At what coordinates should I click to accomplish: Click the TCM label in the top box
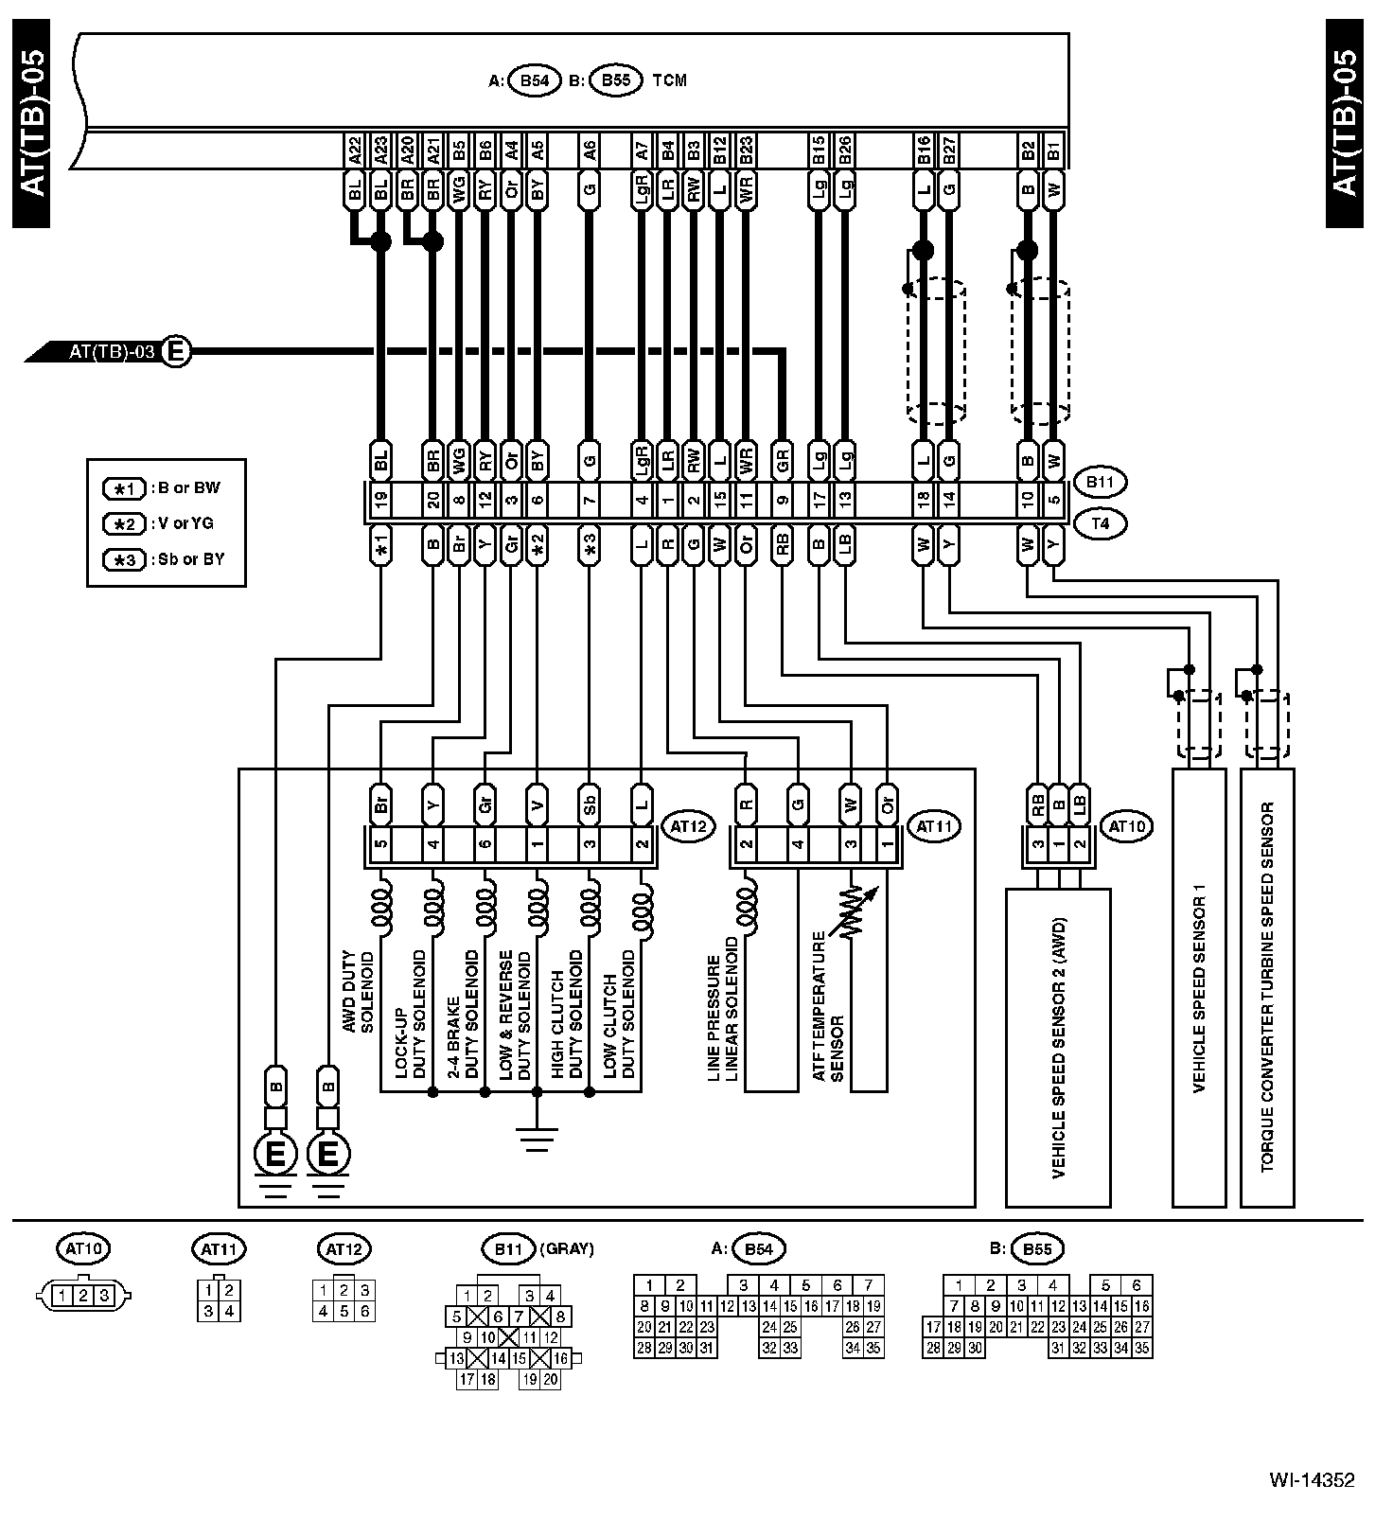pyautogui.click(x=669, y=80)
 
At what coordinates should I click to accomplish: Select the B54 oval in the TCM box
pyautogui.click(x=535, y=80)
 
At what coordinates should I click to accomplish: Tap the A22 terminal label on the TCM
pyautogui.click(x=355, y=150)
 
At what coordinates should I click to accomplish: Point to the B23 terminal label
pyautogui.click(x=746, y=150)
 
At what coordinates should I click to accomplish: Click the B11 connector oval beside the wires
pyautogui.click(x=1100, y=483)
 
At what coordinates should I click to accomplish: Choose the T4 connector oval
pyautogui.click(x=1100, y=522)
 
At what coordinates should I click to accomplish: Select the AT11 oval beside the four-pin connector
pyautogui.click(x=934, y=826)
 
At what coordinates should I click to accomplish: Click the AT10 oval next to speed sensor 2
pyautogui.click(x=1127, y=826)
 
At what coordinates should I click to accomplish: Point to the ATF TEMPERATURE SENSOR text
pyautogui.click(x=827, y=1008)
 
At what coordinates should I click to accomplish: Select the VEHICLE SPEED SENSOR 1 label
pyautogui.click(x=1199, y=989)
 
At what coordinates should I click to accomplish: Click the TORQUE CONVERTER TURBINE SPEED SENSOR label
pyautogui.click(x=1267, y=989)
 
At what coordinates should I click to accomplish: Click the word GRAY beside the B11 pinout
pyautogui.click(x=567, y=1249)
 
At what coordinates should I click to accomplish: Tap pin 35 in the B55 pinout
pyautogui.click(x=1142, y=1349)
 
